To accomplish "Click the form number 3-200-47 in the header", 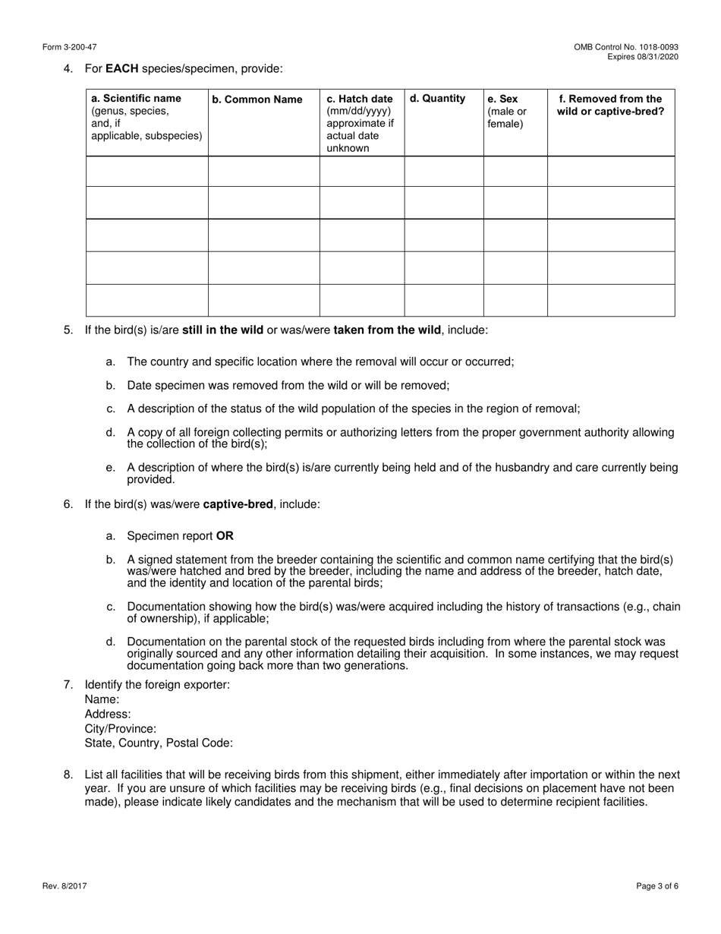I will click(70, 47).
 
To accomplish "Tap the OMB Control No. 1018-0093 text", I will click(626, 47).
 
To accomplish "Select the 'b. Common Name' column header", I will click(257, 99).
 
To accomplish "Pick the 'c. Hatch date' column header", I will click(360, 99).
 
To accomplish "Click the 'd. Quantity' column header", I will click(438, 99).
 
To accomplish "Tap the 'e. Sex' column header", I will click(502, 99).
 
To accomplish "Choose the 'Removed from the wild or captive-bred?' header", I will click(610, 105).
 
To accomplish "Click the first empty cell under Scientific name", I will click(147, 172).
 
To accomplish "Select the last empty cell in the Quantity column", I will click(443, 300).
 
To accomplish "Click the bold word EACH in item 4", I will click(121, 69).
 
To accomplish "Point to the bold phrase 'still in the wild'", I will click(223, 330).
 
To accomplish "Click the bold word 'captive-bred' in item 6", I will click(238, 504).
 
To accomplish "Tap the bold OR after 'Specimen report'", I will click(225, 536).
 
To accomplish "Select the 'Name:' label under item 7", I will click(102, 699).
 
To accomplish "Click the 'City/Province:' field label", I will click(121, 728).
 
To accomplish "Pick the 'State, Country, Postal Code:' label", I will click(159, 743).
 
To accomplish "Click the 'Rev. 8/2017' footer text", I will click(65, 886).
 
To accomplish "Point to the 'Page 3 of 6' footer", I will click(657, 886).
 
